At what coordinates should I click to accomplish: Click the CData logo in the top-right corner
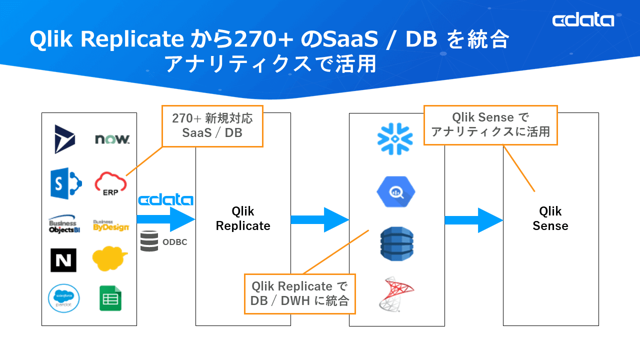tap(583, 20)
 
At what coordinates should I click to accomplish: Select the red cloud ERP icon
tap(110, 183)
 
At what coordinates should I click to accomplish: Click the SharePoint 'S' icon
tap(65, 183)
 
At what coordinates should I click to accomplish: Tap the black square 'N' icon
tap(63, 260)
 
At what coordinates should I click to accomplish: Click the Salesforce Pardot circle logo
tap(64, 297)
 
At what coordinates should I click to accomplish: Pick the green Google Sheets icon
tap(110, 298)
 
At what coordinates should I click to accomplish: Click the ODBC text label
tap(175, 242)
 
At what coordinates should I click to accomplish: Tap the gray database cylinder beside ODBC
tap(149, 241)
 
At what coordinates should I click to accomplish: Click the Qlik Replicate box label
tap(243, 218)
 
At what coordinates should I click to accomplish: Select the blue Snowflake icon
tap(395, 138)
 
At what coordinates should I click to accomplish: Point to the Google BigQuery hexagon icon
tap(396, 191)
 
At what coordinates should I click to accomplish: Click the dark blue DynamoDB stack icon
tap(396, 243)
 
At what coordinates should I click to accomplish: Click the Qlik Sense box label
tap(550, 218)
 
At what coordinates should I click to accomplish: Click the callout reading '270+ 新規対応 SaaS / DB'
tap(212, 125)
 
